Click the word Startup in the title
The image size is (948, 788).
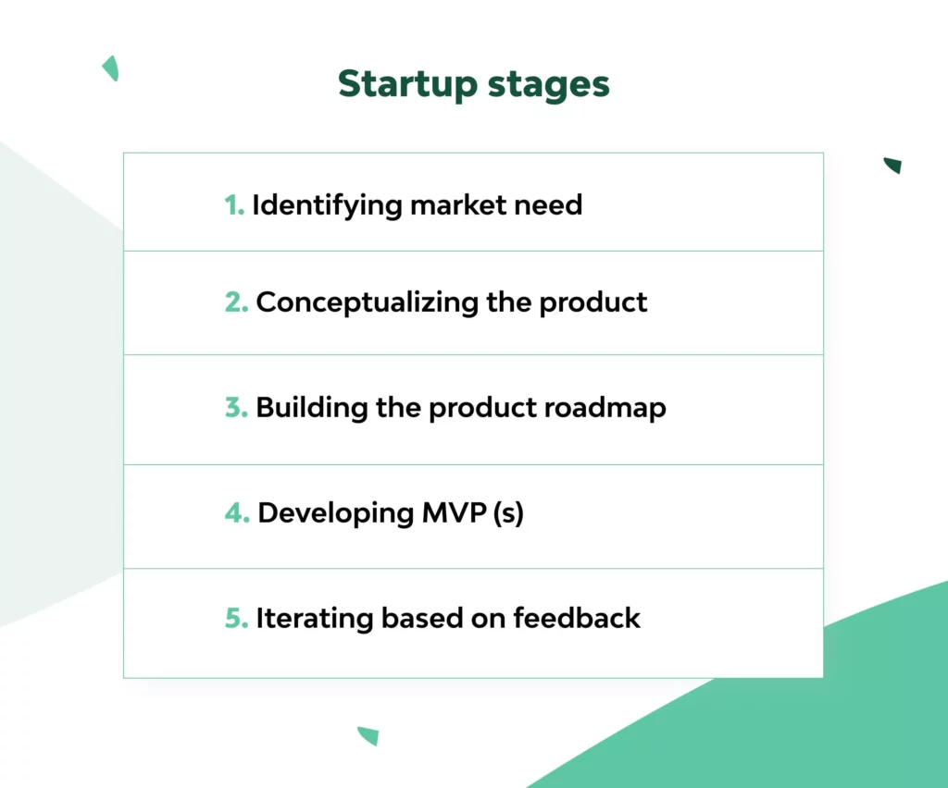(x=407, y=85)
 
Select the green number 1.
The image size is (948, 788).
(x=234, y=205)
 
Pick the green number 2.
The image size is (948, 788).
(x=236, y=302)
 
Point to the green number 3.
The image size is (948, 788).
(x=236, y=407)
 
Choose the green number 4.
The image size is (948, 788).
(x=237, y=512)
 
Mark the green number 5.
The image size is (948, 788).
(x=236, y=618)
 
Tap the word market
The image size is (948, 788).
(x=458, y=204)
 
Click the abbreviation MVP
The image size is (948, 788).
(x=454, y=512)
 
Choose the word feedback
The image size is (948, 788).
(x=577, y=618)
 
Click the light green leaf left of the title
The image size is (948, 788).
(x=111, y=68)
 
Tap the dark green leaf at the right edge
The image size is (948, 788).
(x=893, y=165)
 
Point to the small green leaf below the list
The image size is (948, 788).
(x=368, y=735)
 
